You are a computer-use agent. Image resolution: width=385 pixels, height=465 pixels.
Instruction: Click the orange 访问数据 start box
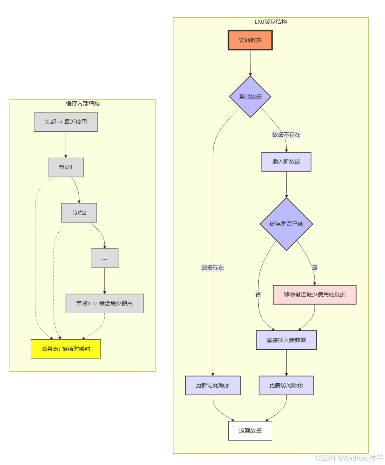[250, 40]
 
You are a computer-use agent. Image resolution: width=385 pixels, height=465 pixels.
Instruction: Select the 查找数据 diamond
[250, 97]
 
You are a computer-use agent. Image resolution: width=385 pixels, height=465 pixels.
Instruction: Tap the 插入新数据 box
[286, 162]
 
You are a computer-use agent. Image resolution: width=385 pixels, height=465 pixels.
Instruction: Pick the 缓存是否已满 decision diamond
[286, 224]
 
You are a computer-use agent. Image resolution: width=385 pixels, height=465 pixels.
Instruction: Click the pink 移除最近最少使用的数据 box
[315, 294]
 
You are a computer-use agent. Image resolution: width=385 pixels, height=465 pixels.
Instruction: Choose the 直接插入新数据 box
[286, 340]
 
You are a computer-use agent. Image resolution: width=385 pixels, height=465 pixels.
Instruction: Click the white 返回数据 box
[250, 431]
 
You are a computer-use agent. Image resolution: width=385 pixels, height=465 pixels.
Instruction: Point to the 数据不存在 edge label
[286, 135]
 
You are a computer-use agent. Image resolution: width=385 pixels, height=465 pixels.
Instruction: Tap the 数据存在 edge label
[213, 268]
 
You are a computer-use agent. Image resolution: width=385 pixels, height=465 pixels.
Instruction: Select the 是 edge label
[315, 268]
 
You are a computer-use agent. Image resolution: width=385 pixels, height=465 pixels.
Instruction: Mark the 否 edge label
[258, 294]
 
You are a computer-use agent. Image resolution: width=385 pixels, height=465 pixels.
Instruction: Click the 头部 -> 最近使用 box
[66, 122]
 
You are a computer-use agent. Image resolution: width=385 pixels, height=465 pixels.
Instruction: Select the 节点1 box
[66, 167]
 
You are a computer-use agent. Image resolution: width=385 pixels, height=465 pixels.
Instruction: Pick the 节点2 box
[79, 213]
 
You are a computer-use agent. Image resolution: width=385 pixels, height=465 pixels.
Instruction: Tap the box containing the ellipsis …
[104, 258]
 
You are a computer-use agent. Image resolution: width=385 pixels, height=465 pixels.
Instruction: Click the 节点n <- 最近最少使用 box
[104, 304]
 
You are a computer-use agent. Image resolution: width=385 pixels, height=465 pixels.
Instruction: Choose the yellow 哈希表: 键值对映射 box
[66, 349]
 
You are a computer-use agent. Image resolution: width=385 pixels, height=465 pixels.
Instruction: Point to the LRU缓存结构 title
[271, 22]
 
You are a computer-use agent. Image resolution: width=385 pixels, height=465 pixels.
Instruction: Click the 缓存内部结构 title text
[83, 103]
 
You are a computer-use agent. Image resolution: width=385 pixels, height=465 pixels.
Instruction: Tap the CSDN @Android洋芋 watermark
[349, 458]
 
